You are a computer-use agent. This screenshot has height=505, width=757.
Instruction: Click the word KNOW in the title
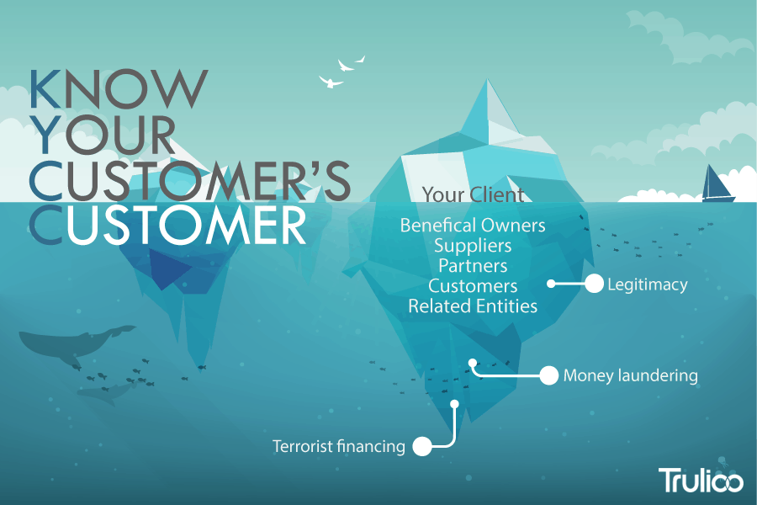pos(119,88)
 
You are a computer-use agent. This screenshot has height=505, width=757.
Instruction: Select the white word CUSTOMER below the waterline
pos(168,226)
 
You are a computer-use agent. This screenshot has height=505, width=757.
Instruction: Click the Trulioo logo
pos(701,480)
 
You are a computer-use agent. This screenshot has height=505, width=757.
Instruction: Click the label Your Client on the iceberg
pos(473,194)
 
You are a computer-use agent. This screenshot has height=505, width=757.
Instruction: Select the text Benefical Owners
pos(473,226)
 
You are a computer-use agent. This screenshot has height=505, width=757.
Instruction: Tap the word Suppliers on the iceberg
pos(473,246)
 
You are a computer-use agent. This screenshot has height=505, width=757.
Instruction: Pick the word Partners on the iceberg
pos(473,266)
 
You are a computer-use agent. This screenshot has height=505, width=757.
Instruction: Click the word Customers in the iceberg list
pos(473,285)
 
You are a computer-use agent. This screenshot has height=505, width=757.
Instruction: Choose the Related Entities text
pos(473,306)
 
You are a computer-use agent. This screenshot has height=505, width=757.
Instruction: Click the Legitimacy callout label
pos(648,284)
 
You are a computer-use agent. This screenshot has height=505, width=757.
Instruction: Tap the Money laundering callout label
pos(631,375)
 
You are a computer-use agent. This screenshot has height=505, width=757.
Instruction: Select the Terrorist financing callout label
pos(338,446)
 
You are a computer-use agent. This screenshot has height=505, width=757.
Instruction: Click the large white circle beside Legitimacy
pos(595,284)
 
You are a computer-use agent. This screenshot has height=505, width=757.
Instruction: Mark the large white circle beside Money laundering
pos(549,375)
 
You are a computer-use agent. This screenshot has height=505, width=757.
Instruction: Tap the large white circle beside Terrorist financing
pos(422,446)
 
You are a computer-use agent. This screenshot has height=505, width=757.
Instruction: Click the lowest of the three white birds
pos(331,82)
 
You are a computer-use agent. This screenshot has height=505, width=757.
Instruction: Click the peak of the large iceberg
pos(487,79)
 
